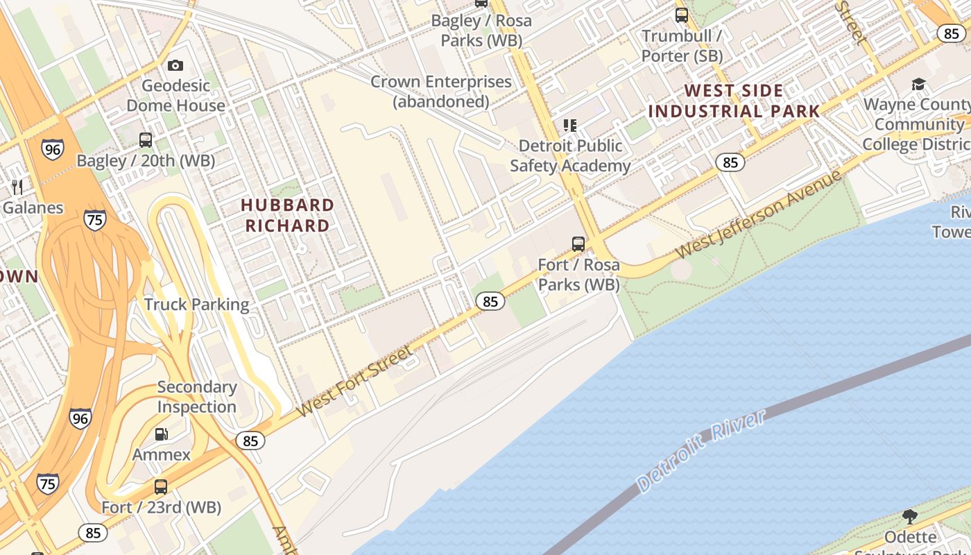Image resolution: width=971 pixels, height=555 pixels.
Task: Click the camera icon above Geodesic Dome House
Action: click(175, 65)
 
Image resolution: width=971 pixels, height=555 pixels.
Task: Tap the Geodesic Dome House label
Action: click(175, 96)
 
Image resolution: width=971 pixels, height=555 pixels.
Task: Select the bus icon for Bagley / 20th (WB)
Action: click(146, 140)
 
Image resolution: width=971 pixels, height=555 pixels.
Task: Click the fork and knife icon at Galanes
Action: click(17, 187)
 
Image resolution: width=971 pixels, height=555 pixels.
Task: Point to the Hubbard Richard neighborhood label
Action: click(287, 215)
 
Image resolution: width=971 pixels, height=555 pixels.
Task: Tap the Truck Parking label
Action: click(196, 305)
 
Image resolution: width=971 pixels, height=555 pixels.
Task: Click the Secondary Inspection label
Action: click(197, 397)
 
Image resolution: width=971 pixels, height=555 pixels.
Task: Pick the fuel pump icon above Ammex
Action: click(161, 434)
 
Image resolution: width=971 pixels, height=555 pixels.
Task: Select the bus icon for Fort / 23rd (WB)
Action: click(161, 487)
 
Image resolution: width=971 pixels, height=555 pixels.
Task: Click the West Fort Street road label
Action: click(354, 383)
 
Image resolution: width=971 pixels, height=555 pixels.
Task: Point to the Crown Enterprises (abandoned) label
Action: click(441, 92)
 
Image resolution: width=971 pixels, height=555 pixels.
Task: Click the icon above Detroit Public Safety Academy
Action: click(570, 126)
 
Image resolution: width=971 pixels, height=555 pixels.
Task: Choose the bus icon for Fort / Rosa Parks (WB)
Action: click(578, 244)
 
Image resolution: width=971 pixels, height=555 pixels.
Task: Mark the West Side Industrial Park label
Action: click(734, 101)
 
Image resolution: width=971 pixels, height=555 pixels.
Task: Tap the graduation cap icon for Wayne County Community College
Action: click(918, 85)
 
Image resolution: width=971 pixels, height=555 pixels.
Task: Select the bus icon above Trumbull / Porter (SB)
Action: click(682, 15)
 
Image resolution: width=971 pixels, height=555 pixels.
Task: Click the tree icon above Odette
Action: click(910, 516)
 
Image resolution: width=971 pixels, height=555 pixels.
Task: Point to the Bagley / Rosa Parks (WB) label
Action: click(481, 31)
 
